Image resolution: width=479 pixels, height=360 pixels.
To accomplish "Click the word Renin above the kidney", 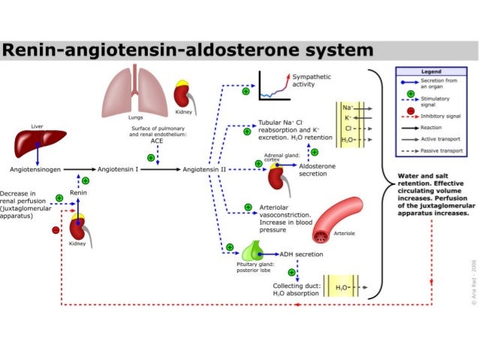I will point(79,193).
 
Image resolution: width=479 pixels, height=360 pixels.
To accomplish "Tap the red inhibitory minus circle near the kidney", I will point(55,230).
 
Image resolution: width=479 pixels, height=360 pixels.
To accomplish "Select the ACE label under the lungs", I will point(155,141).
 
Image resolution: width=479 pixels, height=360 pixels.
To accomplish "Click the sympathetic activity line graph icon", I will point(273,86).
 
